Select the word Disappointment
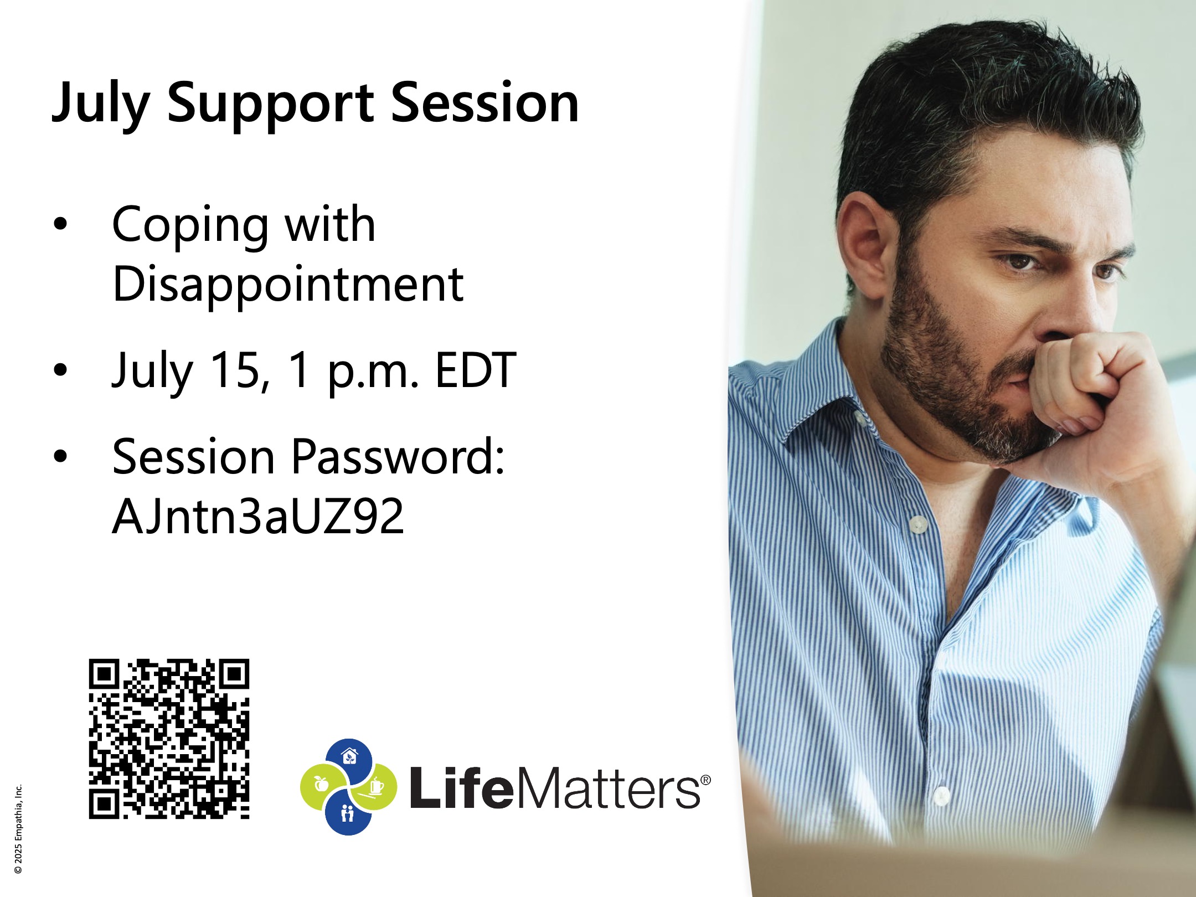coord(288,285)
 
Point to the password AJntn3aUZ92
coord(258,516)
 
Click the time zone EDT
coord(476,370)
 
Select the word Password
coord(398,457)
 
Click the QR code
coord(169,739)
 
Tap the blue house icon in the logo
coord(348,756)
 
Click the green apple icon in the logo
coord(321,784)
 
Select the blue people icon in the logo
coord(348,813)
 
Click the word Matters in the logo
coord(609,788)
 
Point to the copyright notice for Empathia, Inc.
coord(18,829)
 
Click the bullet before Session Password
coord(60,456)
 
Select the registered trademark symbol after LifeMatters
coord(705,780)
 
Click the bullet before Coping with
coord(60,224)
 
